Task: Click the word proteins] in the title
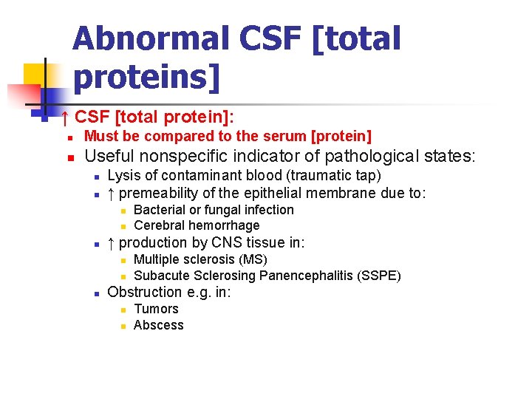tap(147, 77)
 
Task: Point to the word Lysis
tap(123, 176)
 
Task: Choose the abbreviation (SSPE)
tap(379, 276)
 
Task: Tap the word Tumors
tap(156, 309)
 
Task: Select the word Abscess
tap(158, 325)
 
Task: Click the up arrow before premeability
tap(111, 194)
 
